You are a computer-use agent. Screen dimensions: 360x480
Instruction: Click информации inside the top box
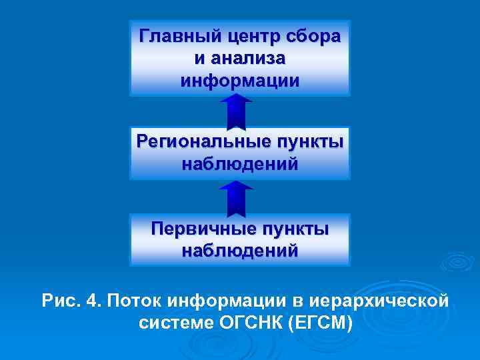point(240,81)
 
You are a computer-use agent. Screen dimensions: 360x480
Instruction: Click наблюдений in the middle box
point(240,164)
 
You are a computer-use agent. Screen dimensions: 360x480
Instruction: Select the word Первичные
point(200,229)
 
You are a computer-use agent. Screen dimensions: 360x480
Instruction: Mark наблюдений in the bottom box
point(240,251)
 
